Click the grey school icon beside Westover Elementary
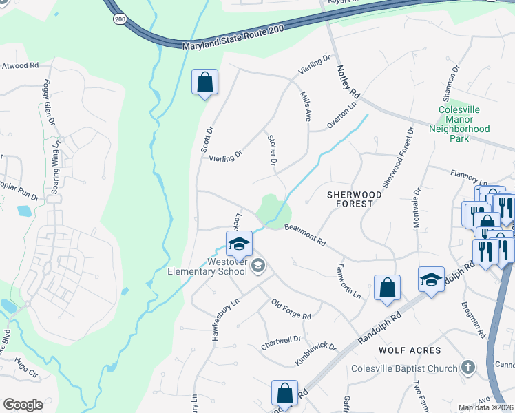pyautogui.click(x=258, y=266)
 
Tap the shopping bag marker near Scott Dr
pyautogui.click(x=204, y=83)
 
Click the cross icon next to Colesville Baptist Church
pyautogui.click(x=468, y=367)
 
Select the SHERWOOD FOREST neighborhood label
pyautogui.click(x=354, y=199)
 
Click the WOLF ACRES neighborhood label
pyautogui.click(x=410, y=350)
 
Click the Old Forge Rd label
pyautogui.click(x=291, y=308)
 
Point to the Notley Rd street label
pyautogui.click(x=349, y=81)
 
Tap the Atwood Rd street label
pyautogui.click(x=19, y=66)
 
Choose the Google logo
pyautogui.click(x=23, y=405)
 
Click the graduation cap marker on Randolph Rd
pyautogui.click(x=431, y=279)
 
